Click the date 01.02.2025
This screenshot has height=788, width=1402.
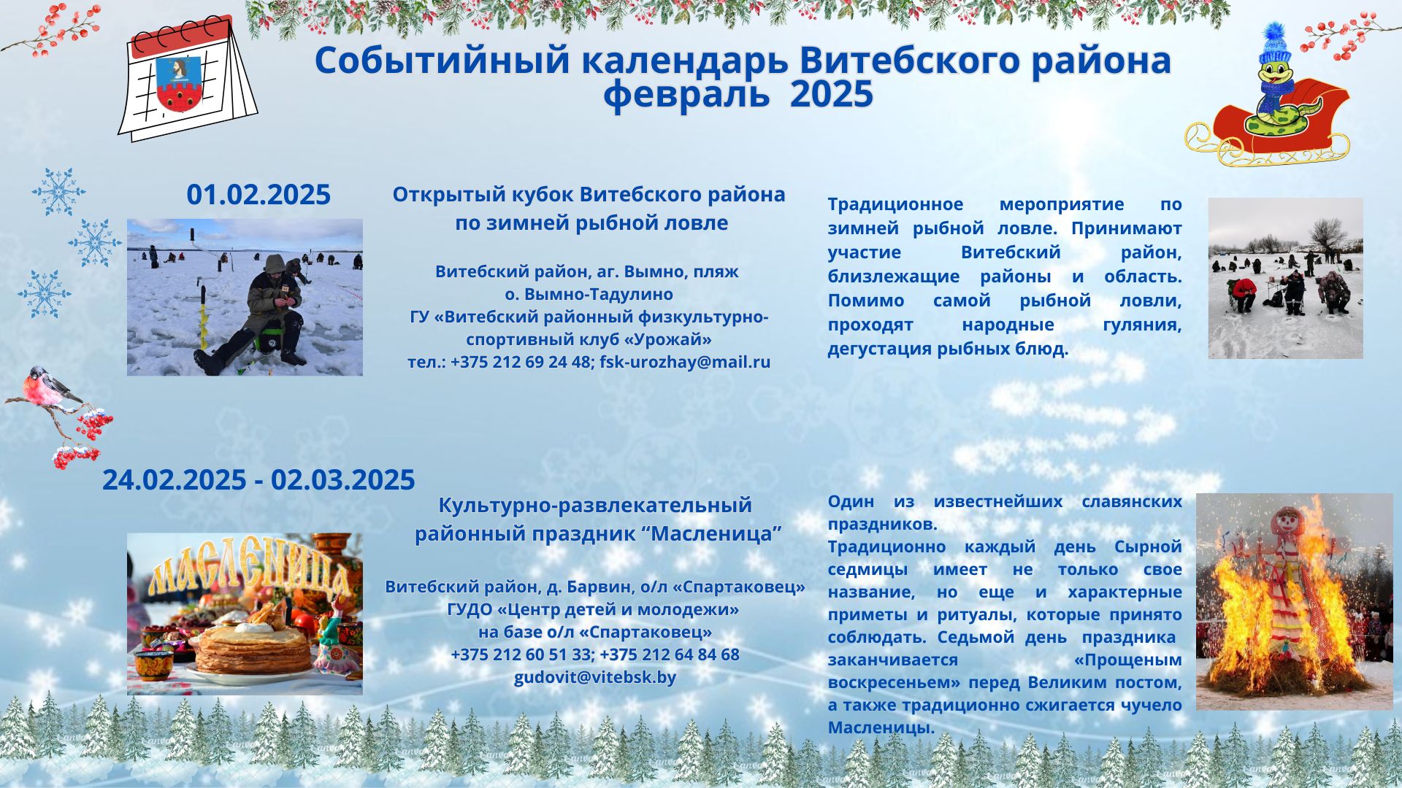pyautogui.click(x=258, y=196)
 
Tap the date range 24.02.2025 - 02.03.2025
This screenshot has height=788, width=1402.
pyautogui.click(x=258, y=480)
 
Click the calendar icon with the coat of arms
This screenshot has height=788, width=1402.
pyautogui.click(x=188, y=78)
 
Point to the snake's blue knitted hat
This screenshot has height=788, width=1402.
pyautogui.click(x=1274, y=47)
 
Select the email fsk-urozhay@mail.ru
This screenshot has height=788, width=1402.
pyautogui.click(x=685, y=362)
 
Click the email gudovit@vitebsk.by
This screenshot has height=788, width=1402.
pyautogui.click(x=595, y=677)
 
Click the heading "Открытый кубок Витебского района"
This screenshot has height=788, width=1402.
pyautogui.click(x=589, y=195)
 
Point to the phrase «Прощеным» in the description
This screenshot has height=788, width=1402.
pyautogui.click(x=1127, y=660)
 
